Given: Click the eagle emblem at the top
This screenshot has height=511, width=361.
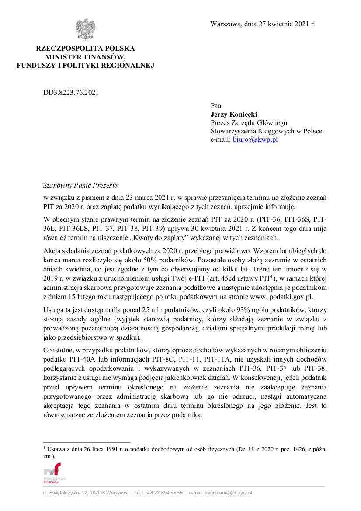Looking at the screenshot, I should tap(85, 30).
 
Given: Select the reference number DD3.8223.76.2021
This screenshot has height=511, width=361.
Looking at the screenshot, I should tap(71, 92).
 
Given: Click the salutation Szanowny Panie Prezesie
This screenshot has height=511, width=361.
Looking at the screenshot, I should tap(81, 185).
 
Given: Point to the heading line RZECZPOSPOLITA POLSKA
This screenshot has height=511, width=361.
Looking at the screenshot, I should tap(85, 49).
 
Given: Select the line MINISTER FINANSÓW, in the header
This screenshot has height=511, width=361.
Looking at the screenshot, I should tap(85, 57).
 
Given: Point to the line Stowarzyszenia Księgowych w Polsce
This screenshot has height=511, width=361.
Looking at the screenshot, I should tap(267, 131).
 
